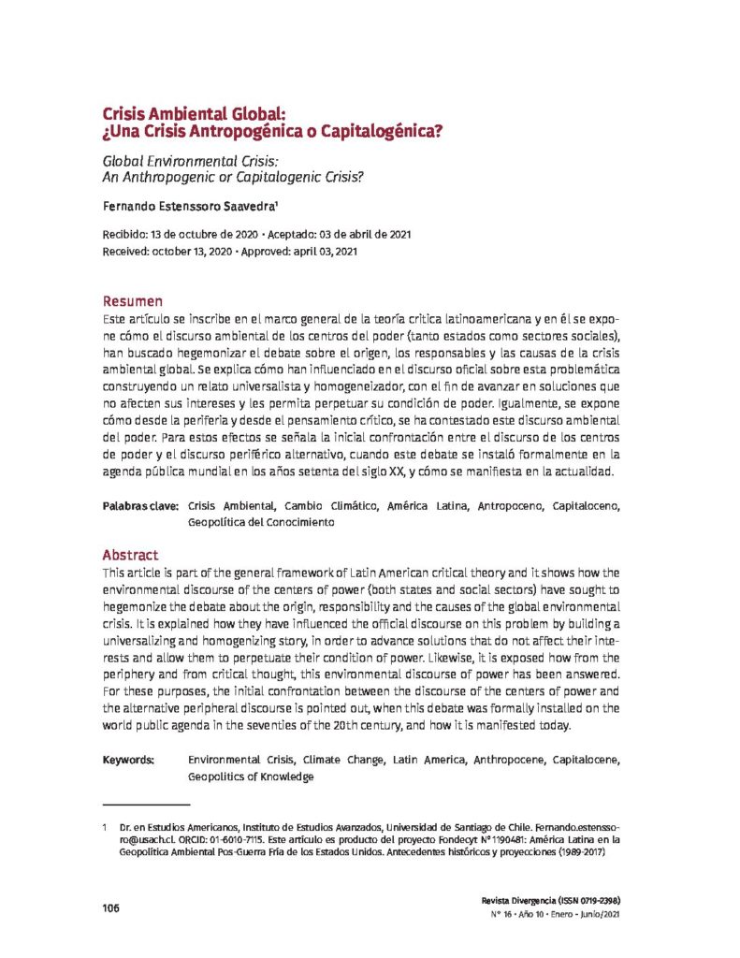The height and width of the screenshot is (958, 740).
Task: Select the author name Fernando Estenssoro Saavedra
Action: click(x=177, y=204)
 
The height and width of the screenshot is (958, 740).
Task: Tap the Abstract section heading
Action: click(x=130, y=555)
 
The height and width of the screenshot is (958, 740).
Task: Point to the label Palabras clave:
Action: click(x=140, y=506)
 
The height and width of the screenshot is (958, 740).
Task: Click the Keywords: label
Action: click(x=129, y=761)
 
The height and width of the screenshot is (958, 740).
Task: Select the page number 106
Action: click(x=111, y=908)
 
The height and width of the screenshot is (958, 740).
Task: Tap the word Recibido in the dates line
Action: click(x=126, y=233)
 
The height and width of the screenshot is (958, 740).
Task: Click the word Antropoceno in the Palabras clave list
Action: click(x=512, y=506)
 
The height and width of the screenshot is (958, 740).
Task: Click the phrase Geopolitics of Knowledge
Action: click(x=250, y=777)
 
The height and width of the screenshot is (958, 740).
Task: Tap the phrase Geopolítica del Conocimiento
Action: click(x=261, y=523)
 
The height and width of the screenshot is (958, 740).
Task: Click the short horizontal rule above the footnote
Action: click(x=145, y=804)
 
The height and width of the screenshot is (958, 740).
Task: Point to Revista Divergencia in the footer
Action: click(x=517, y=897)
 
